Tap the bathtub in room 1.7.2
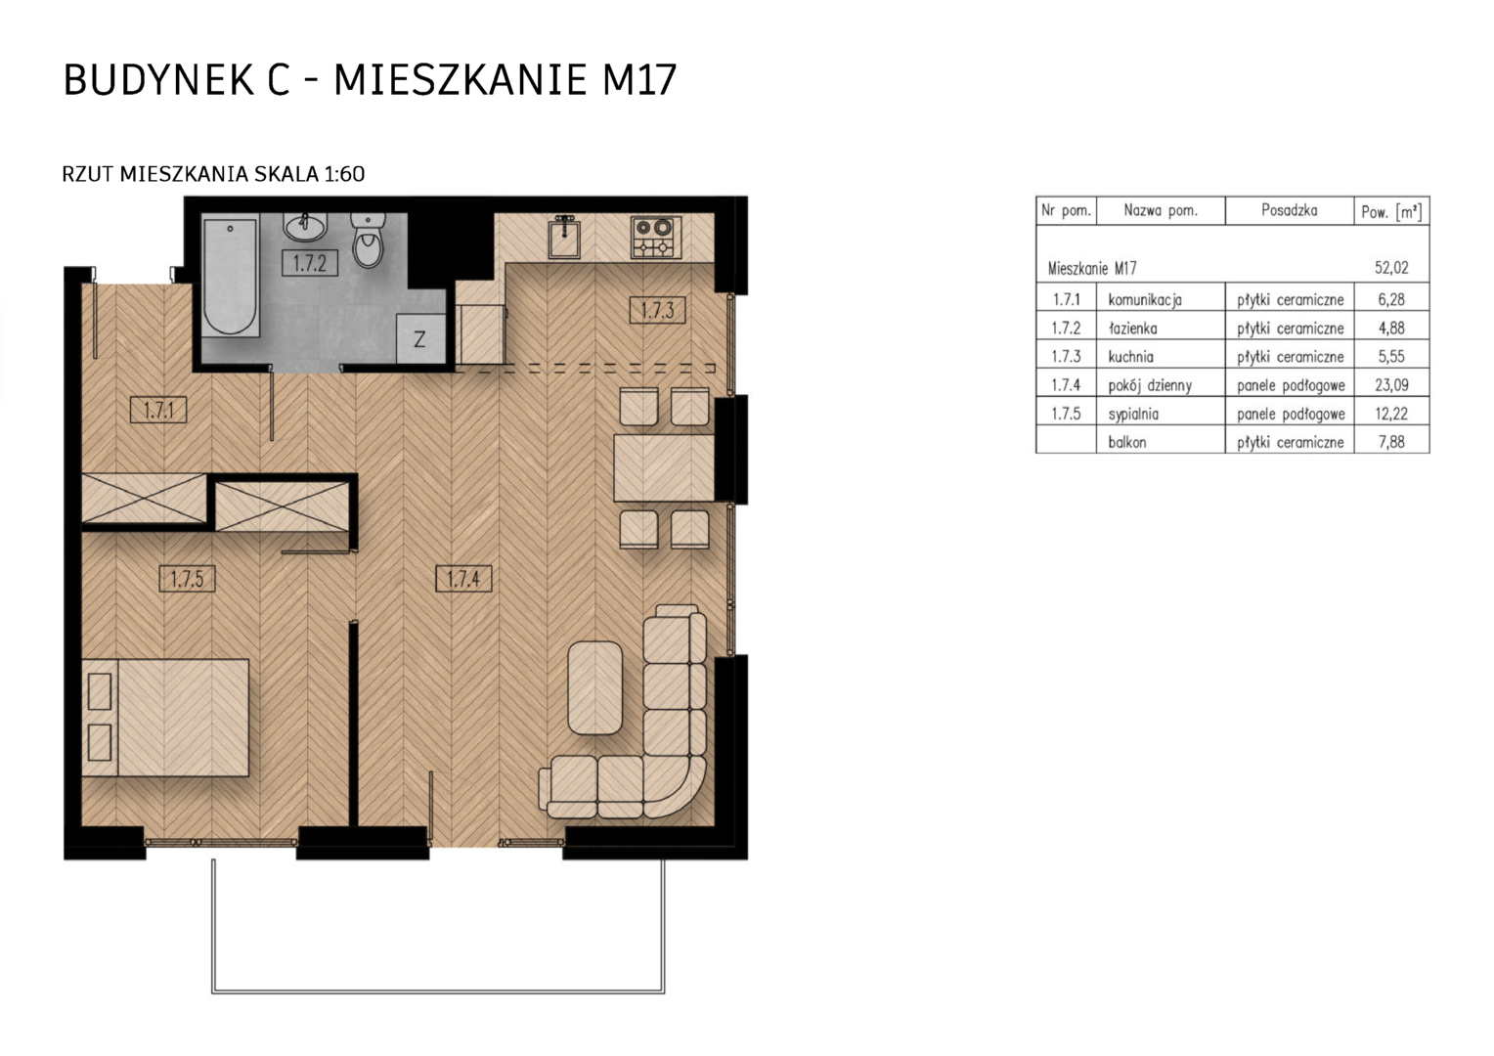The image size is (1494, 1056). coord(230,278)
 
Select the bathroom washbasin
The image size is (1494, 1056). coord(305,226)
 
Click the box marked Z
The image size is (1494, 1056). coord(420,339)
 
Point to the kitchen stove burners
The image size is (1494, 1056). coord(656,238)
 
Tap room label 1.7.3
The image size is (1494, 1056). coord(658,310)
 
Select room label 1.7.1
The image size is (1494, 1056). coord(158,410)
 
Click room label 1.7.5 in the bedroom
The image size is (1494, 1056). coord(187,579)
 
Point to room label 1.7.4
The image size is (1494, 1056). coord(463,579)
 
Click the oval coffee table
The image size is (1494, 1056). coord(595,687)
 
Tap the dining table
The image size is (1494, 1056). coord(664,467)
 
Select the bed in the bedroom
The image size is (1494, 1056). coord(165,718)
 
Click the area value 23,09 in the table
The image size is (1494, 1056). coord(1391,384)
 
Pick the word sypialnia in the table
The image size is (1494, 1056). coord(1133,415)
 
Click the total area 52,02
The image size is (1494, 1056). coord(1391,268)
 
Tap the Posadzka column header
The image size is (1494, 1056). coord(1290,210)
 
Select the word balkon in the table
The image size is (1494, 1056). coord(1127,442)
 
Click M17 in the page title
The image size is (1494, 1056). coord(639,80)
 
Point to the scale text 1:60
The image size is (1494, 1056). coord(344,174)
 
